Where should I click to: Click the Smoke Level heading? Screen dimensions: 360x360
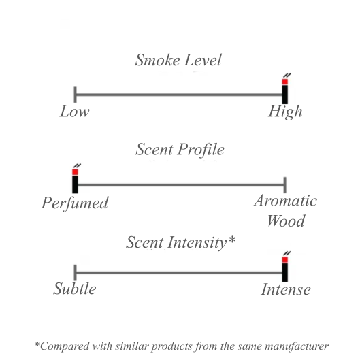178,60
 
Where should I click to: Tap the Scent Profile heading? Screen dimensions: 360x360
180,150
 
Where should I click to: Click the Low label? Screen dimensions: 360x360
75,112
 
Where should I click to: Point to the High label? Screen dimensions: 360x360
285,112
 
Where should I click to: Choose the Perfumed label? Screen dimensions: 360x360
75,203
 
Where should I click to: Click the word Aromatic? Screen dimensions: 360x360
285,201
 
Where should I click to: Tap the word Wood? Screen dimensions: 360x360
286,220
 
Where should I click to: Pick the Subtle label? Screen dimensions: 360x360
75,289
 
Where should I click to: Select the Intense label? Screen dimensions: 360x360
286,289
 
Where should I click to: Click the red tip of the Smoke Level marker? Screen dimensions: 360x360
285,82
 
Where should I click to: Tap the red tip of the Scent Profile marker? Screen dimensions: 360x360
75,172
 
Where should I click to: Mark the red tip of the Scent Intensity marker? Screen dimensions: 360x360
285,260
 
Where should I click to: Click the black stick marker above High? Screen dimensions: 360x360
285,95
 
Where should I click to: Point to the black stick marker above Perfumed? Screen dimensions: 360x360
75,184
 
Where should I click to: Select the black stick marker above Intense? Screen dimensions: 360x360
285,272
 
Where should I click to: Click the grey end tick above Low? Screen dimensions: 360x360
75,95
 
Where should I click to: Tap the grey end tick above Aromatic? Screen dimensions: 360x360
285,185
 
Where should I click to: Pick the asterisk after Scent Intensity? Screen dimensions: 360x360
232,240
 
